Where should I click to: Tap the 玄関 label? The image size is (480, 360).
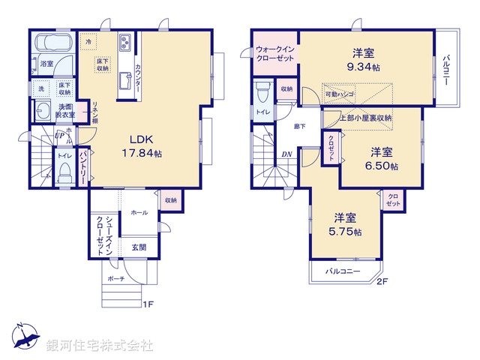(x=139, y=247)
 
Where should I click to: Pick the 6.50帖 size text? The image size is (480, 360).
(x=382, y=166)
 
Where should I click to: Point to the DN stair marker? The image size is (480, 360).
(x=286, y=155)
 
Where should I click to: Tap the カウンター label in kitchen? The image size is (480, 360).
(x=139, y=78)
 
